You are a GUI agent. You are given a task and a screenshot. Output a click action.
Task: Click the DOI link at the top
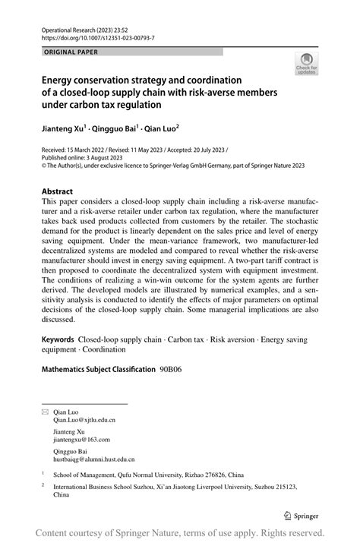93,36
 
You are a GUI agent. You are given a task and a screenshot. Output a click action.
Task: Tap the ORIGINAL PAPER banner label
71,52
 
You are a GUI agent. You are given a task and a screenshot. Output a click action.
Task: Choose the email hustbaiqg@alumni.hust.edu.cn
93,459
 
